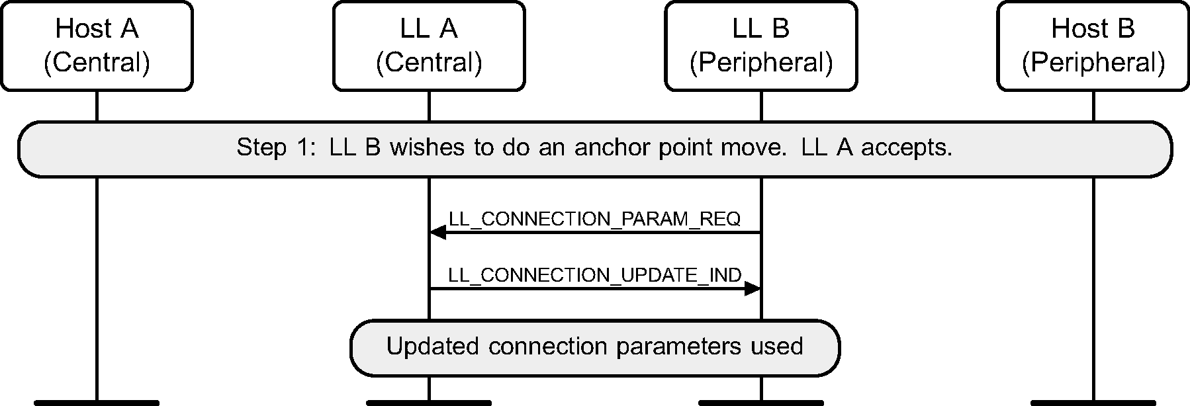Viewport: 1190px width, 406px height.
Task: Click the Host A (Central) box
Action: (97, 46)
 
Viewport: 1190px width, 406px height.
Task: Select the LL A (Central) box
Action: (429, 46)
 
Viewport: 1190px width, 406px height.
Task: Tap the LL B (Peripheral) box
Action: (761, 46)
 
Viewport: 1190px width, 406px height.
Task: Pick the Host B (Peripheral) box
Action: (1093, 46)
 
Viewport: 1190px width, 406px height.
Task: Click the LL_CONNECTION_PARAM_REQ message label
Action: (594, 219)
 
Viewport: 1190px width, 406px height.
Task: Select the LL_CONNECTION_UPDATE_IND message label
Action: (594, 275)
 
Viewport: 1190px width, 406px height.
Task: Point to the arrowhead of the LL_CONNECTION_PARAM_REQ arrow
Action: (437, 232)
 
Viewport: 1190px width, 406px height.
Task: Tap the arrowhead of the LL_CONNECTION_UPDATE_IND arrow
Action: (753, 288)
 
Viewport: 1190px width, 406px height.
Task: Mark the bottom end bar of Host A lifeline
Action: (97, 402)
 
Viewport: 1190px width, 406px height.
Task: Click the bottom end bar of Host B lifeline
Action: (1093, 402)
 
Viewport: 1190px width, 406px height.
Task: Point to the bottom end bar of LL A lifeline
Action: (429, 402)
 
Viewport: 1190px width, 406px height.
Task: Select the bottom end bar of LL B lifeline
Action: (761, 402)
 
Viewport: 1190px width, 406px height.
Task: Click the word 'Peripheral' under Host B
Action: (1093, 63)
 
